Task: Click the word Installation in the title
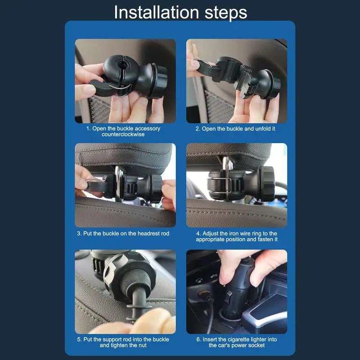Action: (156, 13)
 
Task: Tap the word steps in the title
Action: (226, 13)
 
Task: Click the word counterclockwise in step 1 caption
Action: (123, 134)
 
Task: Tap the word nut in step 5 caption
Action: (142, 345)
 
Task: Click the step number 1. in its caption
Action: (88, 129)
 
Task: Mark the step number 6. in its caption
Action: (199, 339)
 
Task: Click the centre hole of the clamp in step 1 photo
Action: (120, 64)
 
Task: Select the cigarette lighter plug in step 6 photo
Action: (237, 292)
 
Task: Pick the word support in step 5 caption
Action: (112, 340)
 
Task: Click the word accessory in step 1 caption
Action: (148, 129)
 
